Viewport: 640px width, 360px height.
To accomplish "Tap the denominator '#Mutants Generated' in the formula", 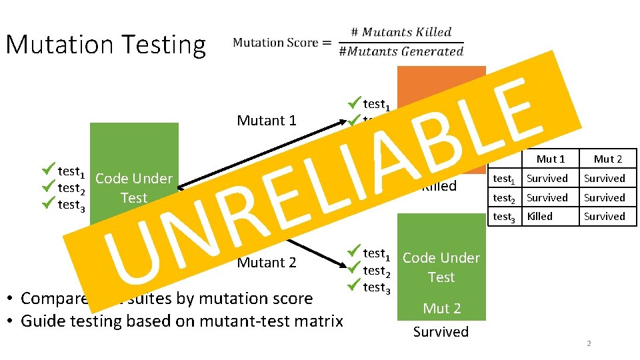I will point(401,51).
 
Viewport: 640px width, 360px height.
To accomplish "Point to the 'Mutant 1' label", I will point(267,121).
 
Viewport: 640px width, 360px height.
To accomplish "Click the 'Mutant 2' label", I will point(267,263).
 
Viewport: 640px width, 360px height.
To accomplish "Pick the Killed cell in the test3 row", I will point(539,217).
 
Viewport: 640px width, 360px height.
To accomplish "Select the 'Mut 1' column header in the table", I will point(551,159).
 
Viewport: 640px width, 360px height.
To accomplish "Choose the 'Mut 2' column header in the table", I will point(607,159).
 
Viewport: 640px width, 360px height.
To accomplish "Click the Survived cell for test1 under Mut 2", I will point(605,178).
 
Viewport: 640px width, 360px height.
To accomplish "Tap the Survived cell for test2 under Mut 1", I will point(547,197).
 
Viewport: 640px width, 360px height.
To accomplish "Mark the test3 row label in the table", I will point(504,217).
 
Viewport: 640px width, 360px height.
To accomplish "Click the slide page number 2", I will point(589,343).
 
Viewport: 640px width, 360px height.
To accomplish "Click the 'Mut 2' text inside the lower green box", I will point(441,308).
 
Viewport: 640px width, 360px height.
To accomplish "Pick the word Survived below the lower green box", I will point(441,331).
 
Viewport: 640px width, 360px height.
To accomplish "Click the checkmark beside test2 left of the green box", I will point(47,188).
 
